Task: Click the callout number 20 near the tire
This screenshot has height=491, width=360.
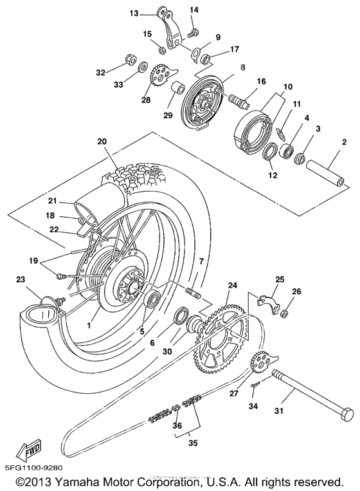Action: (x=102, y=142)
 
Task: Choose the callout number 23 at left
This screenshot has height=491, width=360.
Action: (x=20, y=280)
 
